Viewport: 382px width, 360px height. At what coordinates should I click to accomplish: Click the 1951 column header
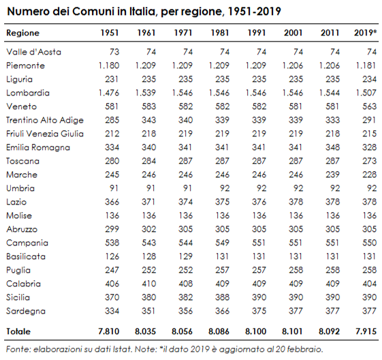(110, 33)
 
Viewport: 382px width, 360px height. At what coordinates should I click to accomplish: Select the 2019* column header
(366, 33)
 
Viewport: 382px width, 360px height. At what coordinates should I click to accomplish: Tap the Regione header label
(22, 33)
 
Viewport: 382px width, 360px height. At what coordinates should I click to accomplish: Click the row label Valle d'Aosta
(33, 52)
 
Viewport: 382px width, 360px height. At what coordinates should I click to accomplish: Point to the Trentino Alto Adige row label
(45, 120)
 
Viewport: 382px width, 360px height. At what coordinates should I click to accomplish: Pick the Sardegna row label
(26, 311)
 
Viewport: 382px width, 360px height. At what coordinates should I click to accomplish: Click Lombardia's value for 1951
(109, 93)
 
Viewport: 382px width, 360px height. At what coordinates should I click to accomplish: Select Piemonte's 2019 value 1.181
(366, 65)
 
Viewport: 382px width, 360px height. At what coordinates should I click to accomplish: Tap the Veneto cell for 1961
(149, 106)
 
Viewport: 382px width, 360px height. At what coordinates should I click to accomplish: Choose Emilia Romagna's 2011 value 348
(332, 147)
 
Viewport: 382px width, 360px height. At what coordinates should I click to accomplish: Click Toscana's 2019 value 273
(369, 161)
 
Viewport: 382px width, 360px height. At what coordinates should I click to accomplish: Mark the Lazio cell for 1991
(259, 202)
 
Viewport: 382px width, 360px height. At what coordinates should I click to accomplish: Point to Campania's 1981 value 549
(222, 243)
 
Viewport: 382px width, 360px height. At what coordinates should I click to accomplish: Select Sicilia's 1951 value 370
(112, 297)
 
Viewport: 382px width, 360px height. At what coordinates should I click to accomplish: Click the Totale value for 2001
(292, 331)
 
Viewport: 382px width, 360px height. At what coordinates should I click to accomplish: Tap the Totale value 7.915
(366, 331)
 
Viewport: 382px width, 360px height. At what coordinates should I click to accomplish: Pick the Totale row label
(18, 332)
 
